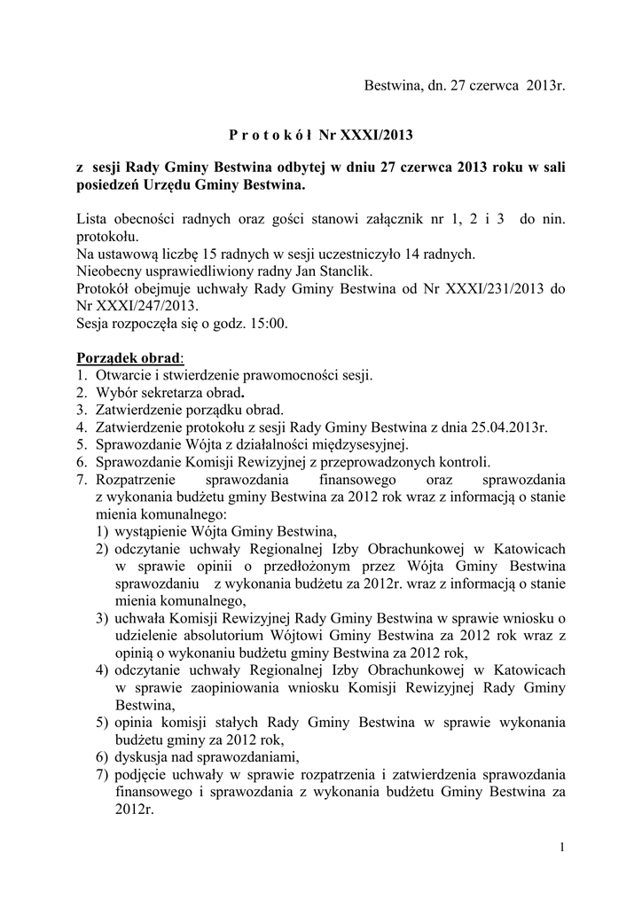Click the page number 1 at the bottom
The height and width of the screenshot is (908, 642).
pyautogui.click(x=562, y=849)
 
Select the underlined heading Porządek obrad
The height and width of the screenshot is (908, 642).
pyautogui.click(x=129, y=358)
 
